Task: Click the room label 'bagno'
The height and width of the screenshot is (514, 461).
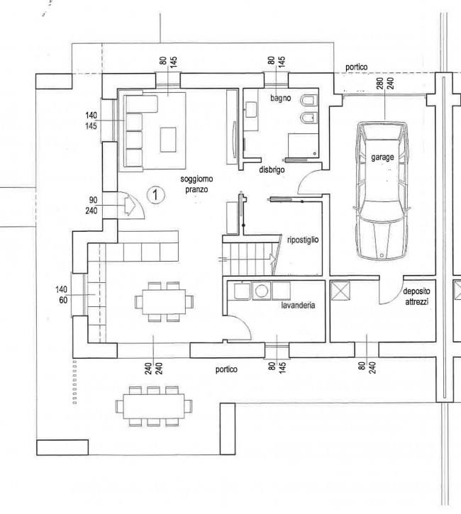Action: (280, 98)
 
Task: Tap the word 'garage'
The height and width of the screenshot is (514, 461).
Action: (382, 157)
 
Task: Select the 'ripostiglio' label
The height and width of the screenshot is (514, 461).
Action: (303, 240)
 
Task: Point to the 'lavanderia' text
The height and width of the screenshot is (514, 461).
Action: (298, 305)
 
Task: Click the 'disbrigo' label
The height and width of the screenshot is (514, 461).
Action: (272, 170)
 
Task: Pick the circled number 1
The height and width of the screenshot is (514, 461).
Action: (155, 195)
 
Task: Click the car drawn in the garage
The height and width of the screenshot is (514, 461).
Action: (383, 191)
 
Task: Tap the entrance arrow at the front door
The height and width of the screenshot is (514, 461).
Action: (130, 206)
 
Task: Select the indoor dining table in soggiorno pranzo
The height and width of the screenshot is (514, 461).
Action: (164, 301)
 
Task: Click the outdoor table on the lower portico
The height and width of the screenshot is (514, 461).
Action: (153, 406)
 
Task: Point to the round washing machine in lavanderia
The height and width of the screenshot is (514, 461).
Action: (261, 291)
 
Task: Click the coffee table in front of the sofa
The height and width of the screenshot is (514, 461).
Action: (168, 140)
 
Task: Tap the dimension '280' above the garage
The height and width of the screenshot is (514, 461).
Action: (380, 83)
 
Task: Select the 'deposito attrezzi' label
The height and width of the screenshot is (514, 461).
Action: (416, 296)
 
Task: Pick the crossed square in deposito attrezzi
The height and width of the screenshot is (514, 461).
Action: (340, 291)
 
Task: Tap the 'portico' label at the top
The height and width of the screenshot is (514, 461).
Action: (357, 67)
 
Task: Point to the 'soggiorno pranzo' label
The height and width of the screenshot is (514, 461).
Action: (196, 184)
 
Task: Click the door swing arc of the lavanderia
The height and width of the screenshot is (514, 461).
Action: (244, 323)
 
